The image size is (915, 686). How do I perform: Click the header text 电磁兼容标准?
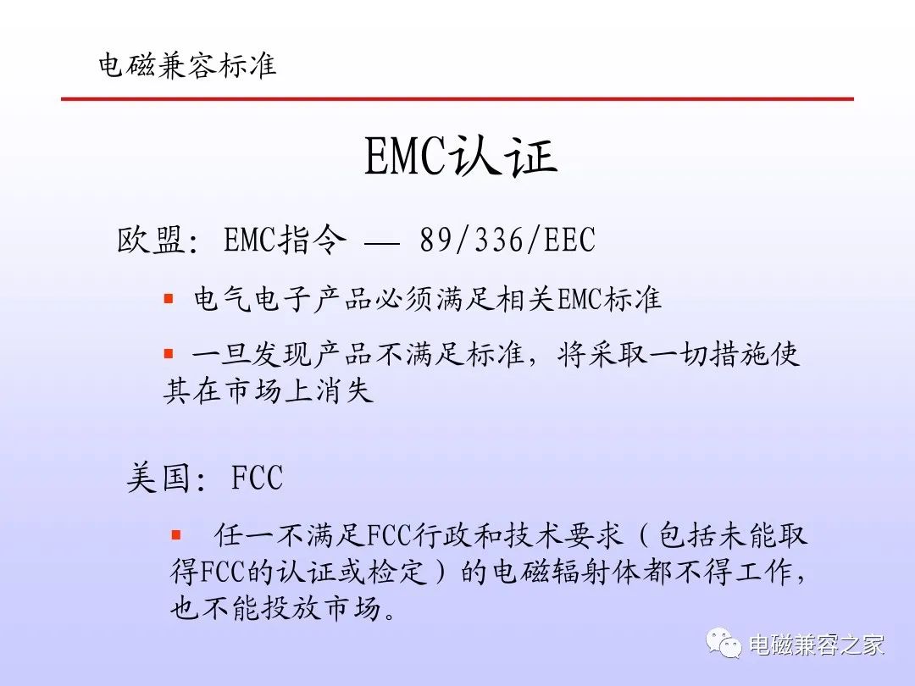[187, 64]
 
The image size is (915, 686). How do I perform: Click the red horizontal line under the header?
[457, 99]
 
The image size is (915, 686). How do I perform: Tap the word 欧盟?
[152, 240]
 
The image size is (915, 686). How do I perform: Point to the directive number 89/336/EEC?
[507, 240]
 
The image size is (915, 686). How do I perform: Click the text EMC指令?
[285, 240]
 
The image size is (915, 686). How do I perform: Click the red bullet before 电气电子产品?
[169, 299]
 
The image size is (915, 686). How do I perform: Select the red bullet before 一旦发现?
[169, 353]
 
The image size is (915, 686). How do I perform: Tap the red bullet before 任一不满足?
[175, 535]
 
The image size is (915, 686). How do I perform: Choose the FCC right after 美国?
[257, 478]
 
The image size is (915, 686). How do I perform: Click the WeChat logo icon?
[724, 643]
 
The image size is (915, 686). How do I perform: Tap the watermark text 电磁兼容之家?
[817, 645]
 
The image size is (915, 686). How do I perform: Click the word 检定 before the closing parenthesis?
[396, 572]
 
